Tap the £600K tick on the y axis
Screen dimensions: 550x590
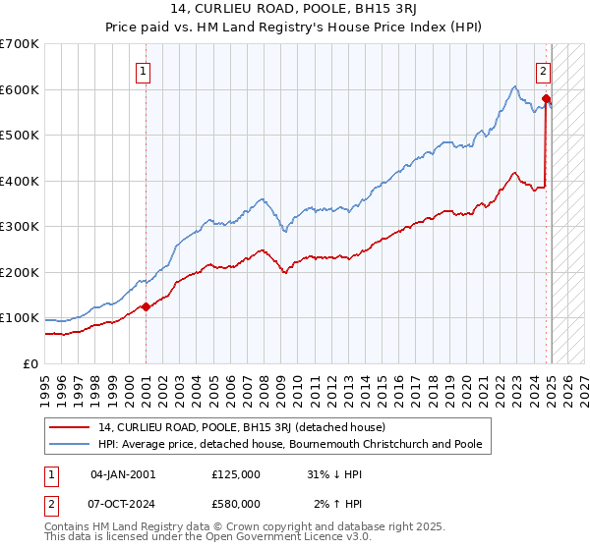click(20, 89)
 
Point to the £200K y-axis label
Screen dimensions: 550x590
click(20, 272)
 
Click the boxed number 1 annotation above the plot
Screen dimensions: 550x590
click(143, 71)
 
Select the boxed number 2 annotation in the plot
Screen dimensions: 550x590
click(543, 71)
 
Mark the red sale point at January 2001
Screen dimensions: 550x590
click(146, 306)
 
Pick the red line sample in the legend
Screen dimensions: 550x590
click(69, 427)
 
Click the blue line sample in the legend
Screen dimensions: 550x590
click(69, 444)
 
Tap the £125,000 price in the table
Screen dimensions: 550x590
click(236, 474)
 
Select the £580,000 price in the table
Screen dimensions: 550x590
click(236, 503)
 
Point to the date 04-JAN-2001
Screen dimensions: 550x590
click(123, 474)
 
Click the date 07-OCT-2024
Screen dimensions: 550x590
click(123, 503)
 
